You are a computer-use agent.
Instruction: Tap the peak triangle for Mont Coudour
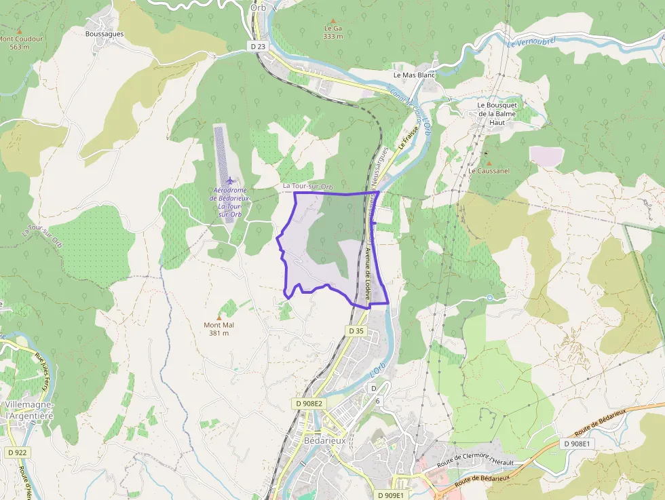(20, 31)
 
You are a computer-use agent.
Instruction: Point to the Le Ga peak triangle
(332, 21)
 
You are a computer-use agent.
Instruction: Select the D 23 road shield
(256, 46)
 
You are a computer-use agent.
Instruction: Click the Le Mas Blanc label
(414, 75)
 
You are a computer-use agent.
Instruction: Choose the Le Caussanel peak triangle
(487, 163)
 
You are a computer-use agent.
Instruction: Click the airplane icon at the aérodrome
(231, 181)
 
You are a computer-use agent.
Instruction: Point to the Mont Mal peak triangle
(218, 317)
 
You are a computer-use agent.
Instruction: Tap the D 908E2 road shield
(310, 403)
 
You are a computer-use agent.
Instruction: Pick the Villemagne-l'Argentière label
(29, 410)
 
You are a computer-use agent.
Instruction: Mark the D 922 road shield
(18, 453)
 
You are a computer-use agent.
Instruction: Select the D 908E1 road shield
(578, 443)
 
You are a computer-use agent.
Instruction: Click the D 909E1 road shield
(390, 495)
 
